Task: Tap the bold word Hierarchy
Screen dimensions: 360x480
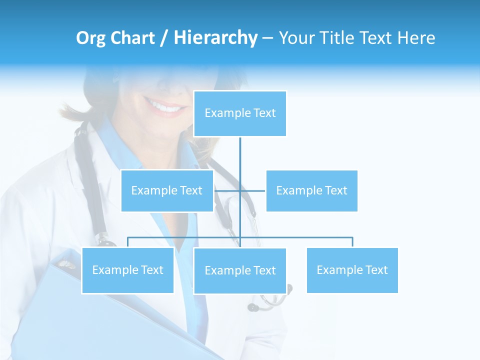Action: click(x=215, y=38)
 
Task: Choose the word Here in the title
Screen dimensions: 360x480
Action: click(x=416, y=38)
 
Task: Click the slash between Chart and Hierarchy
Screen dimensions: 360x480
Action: click(x=163, y=38)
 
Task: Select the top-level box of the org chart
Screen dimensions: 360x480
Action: click(x=240, y=113)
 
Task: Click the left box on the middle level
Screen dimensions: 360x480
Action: click(x=167, y=190)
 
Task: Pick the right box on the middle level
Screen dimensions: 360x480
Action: click(x=311, y=190)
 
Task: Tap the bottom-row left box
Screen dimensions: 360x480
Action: click(x=127, y=270)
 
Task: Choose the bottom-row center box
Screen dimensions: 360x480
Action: click(x=240, y=270)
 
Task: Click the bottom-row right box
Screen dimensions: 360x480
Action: click(x=352, y=270)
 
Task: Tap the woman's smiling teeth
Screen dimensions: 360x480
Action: click(x=165, y=106)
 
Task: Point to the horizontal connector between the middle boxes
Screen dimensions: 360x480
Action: click(x=252, y=190)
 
